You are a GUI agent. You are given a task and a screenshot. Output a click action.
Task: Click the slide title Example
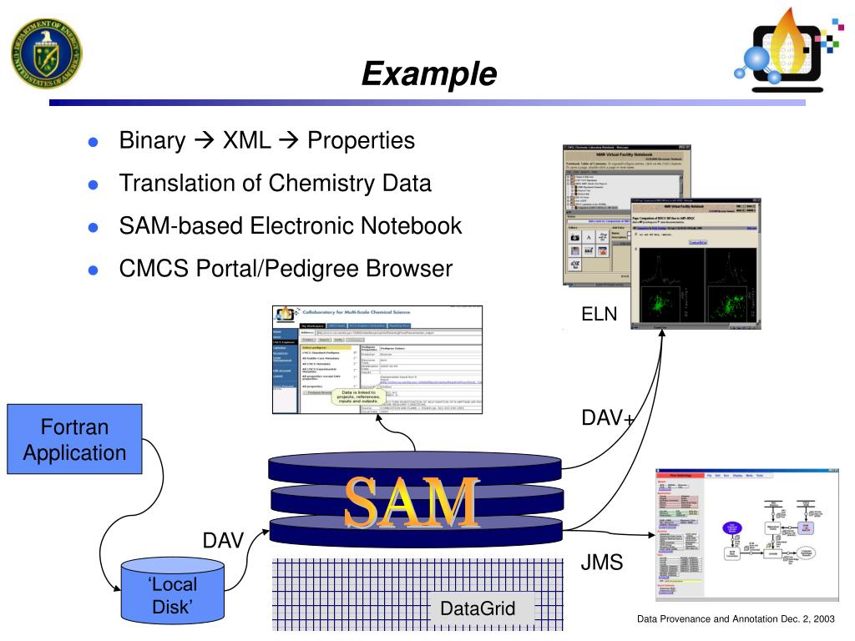pyautogui.click(x=428, y=74)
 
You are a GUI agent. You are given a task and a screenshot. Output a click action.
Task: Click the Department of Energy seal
pyautogui.click(x=47, y=52)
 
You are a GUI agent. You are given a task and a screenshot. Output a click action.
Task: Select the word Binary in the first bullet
pyautogui.click(x=152, y=140)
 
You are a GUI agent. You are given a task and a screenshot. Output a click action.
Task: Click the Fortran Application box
pyautogui.click(x=74, y=440)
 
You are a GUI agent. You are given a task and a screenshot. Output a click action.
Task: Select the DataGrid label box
pyautogui.click(x=478, y=608)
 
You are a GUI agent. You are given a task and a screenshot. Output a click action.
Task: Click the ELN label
pyautogui.click(x=600, y=314)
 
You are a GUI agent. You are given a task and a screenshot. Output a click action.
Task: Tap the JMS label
pyautogui.click(x=602, y=563)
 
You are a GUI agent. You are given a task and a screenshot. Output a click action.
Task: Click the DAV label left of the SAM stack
pyautogui.click(x=223, y=541)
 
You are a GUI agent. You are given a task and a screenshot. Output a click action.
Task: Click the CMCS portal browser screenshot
pyautogui.click(x=377, y=360)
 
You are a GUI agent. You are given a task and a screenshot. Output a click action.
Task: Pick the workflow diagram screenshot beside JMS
pyautogui.click(x=746, y=533)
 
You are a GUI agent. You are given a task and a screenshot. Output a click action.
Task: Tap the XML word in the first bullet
pyautogui.click(x=246, y=140)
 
